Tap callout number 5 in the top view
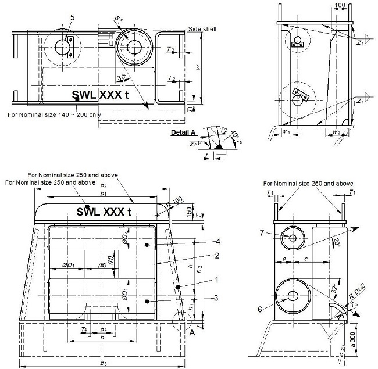click(72, 18)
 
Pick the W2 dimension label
click(337, 131)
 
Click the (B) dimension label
click(103, 266)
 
